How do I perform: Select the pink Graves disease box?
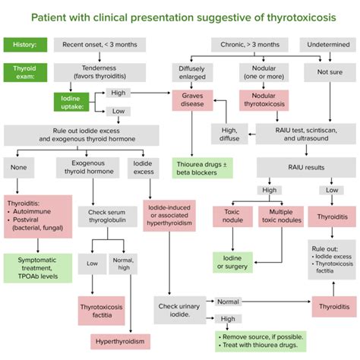click(191, 102)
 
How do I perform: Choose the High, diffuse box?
click(229, 134)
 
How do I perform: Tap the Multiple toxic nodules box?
click(280, 216)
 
